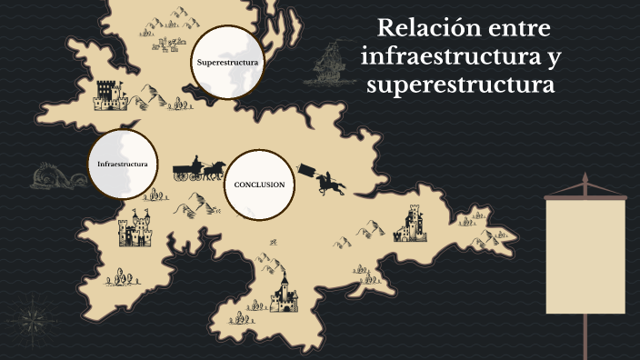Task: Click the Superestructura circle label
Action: click(x=228, y=63)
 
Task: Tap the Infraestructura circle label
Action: click(x=122, y=164)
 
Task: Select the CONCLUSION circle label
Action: click(x=259, y=185)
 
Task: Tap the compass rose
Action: click(x=35, y=319)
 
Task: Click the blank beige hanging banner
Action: click(x=585, y=255)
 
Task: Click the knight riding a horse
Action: click(x=330, y=181)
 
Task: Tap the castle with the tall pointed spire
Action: click(x=284, y=292)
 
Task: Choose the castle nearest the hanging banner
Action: click(x=411, y=224)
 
